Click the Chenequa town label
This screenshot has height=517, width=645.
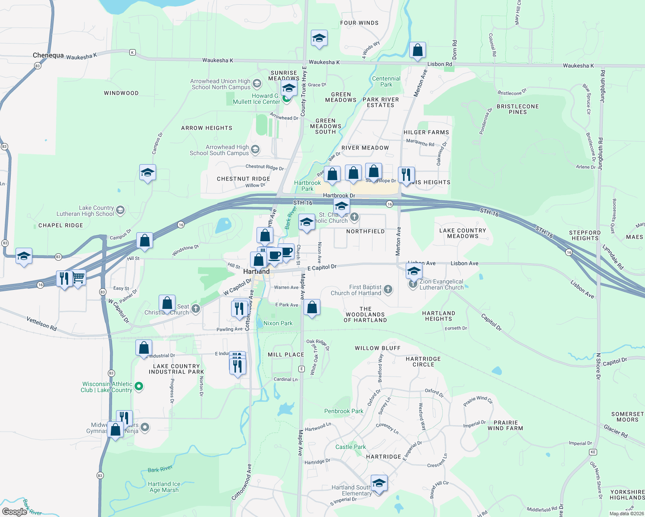pos(48,56)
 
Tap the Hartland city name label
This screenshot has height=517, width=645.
pos(256,272)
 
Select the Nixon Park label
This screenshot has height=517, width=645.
pos(278,323)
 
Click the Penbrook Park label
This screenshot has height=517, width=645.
pos(344,411)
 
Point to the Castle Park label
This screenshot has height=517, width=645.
pos(351,447)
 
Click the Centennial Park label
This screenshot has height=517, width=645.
pos(386,81)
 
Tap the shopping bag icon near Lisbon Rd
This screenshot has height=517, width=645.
pos(417,51)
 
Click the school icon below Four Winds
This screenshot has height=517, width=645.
pos(319,39)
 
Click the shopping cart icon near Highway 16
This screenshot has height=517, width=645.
pos(78,277)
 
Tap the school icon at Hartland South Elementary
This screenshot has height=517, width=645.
pos(379,483)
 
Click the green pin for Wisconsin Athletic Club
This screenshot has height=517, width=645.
pos(139,386)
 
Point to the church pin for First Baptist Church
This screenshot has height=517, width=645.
pos(388,290)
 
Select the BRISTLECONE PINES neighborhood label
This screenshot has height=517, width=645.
pos(517,109)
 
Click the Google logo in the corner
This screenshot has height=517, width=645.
pos(15,512)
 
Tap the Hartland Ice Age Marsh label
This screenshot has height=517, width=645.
pos(164,487)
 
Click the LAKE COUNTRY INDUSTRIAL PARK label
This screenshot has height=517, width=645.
pos(176,369)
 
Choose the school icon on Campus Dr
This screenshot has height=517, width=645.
pos(147,173)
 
